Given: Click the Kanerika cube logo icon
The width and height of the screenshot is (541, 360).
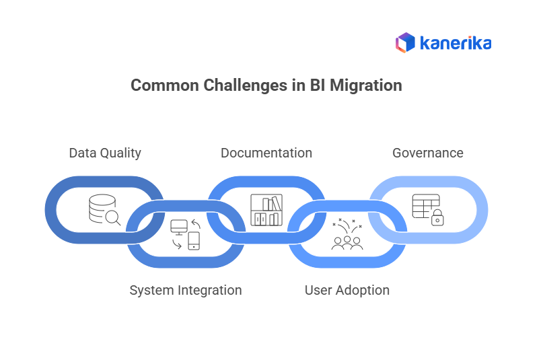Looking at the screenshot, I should [x=405, y=43].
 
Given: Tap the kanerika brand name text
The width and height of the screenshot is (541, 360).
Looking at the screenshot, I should [x=456, y=43].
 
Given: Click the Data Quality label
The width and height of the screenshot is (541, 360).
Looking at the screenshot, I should [x=105, y=153].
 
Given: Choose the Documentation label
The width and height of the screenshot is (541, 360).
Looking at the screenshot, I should [x=266, y=153].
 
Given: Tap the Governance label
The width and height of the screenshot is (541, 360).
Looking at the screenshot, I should [x=427, y=153].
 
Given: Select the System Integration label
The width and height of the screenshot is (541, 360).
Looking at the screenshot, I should [x=185, y=290].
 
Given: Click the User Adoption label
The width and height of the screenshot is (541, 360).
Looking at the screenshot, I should [x=347, y=290].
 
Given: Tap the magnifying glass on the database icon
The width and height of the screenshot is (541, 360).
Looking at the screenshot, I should [x=113, y=217].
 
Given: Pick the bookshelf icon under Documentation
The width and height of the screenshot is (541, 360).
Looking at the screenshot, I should [x=266, y=210].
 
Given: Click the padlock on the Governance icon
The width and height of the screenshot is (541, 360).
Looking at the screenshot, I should [x=437, y=217].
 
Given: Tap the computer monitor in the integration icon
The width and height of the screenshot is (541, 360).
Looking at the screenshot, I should [x=179, y=227].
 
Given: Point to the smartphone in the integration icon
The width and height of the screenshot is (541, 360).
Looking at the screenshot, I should [x=194, y=241].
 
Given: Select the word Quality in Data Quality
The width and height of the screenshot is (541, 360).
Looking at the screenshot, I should [x=120, y=153].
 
